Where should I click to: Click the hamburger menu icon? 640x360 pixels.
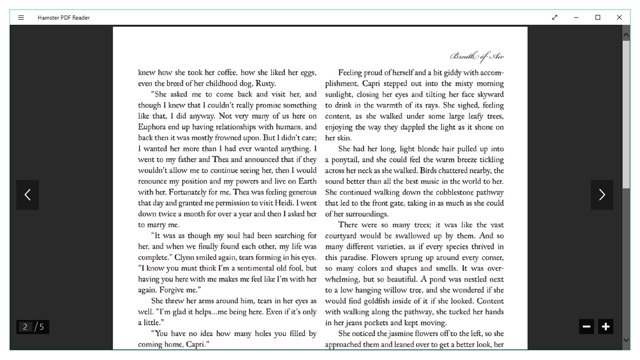[21, 18]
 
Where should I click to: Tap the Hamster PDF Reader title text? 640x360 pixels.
[64, 18]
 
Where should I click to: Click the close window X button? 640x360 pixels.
[619, 17]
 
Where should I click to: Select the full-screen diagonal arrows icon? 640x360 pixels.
[554, 17]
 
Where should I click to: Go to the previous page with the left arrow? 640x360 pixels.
[27, 195]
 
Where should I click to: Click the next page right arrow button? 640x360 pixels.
[602, 195]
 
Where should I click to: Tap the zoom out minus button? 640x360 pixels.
[586, 327]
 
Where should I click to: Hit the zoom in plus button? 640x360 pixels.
[606, 327]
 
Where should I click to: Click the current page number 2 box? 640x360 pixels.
[25, 327]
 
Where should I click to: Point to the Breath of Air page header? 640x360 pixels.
[477, 57]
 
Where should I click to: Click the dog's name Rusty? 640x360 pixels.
[265, 84]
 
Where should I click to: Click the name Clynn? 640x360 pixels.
[185, 258]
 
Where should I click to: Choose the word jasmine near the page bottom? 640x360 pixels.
[399, 334]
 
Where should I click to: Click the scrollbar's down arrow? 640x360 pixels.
[626, 340]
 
